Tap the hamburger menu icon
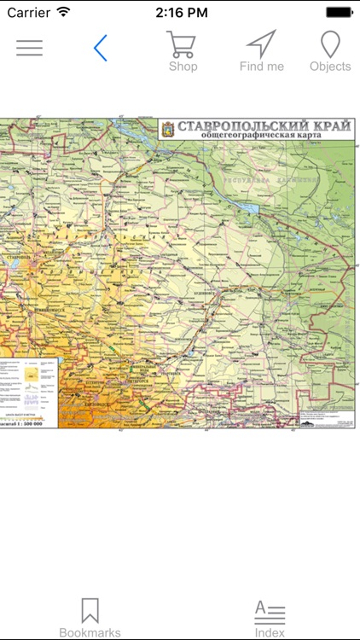click(x=29, y=48)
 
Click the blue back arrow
click(x=101, y=48)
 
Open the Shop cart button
click(x=183, y=51)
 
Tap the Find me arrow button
click(x=261, y=51)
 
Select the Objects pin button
click(x=330, y=51)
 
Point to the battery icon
click(x=339, y=13)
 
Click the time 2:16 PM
click(x=180, y=13)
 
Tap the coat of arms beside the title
click(x=167, y=129)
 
